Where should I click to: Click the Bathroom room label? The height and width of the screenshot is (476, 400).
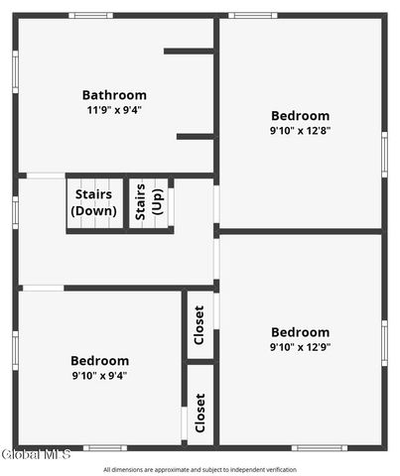coord(114,95)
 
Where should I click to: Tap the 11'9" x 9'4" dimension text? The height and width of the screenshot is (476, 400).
coord(114,110)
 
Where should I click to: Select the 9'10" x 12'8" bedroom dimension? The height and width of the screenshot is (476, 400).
coord(300,131)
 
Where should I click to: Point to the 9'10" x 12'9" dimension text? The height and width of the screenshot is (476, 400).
coord(300,347)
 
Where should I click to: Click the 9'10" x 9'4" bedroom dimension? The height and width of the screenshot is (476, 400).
coord(99,376)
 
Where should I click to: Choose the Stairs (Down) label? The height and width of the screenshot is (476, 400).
coord(93,202)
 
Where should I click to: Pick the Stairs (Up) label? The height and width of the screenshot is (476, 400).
coord(149,201)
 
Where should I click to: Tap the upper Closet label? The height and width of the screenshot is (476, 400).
coord(200,325)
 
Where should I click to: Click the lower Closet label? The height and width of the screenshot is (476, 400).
coord(200,413)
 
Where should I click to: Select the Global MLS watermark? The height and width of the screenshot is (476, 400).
coord(36,454)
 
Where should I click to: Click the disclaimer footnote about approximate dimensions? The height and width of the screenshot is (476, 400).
coord(200,470)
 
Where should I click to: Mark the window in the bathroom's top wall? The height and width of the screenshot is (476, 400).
coord(91,16)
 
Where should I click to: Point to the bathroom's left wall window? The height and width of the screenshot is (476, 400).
coord(15,71)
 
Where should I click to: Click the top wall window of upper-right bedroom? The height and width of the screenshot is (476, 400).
coord(253,16)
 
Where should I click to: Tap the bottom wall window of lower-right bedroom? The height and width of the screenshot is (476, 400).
coord(320,448)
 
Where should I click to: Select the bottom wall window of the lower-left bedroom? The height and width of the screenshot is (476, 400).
coord(105,448)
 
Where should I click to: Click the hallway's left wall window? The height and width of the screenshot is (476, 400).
coord(15,212)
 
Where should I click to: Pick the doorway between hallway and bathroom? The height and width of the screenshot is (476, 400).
coord(46,176)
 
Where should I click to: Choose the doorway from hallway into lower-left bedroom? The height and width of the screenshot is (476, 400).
coord(43,289)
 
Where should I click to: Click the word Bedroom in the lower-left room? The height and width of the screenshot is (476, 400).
coord(99,361)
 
